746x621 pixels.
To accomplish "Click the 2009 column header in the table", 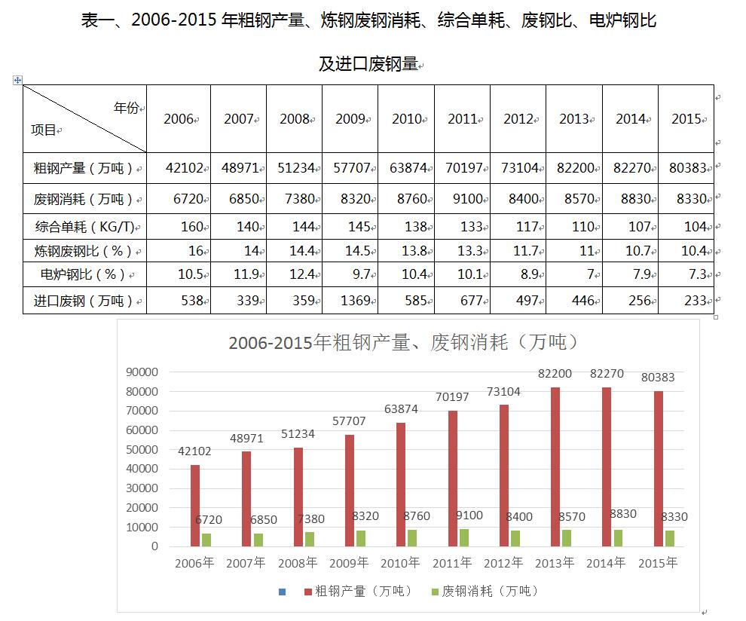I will click(x=350, y=119).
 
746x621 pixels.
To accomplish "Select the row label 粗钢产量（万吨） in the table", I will click(x=84, y=168).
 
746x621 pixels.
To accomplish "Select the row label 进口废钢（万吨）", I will click(x=84, y=301).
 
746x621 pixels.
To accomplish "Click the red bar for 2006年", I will click(x=195, y=505).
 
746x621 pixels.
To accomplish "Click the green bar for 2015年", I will click(x=670, y=538).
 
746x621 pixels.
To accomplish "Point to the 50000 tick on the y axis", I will click(x=143, y=449).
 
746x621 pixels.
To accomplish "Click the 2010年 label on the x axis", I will click(x=400, y=563).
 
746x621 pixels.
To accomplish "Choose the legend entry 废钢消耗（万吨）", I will click(x=485, y=591).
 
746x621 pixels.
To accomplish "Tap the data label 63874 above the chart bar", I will click(x=400, y=409).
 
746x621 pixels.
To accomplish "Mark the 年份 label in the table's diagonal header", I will click(x=127, y=108).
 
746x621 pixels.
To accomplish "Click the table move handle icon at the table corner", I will click(x=17, y=80).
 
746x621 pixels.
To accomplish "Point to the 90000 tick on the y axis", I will click(x=143, y=372).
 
